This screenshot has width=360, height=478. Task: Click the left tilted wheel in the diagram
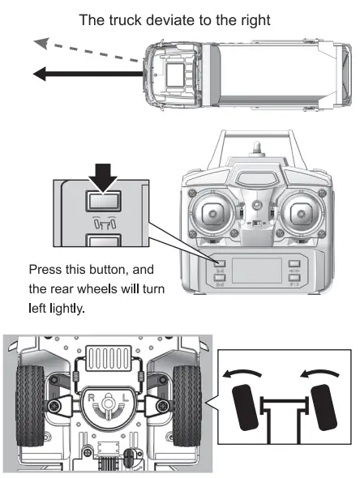(243, 410)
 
